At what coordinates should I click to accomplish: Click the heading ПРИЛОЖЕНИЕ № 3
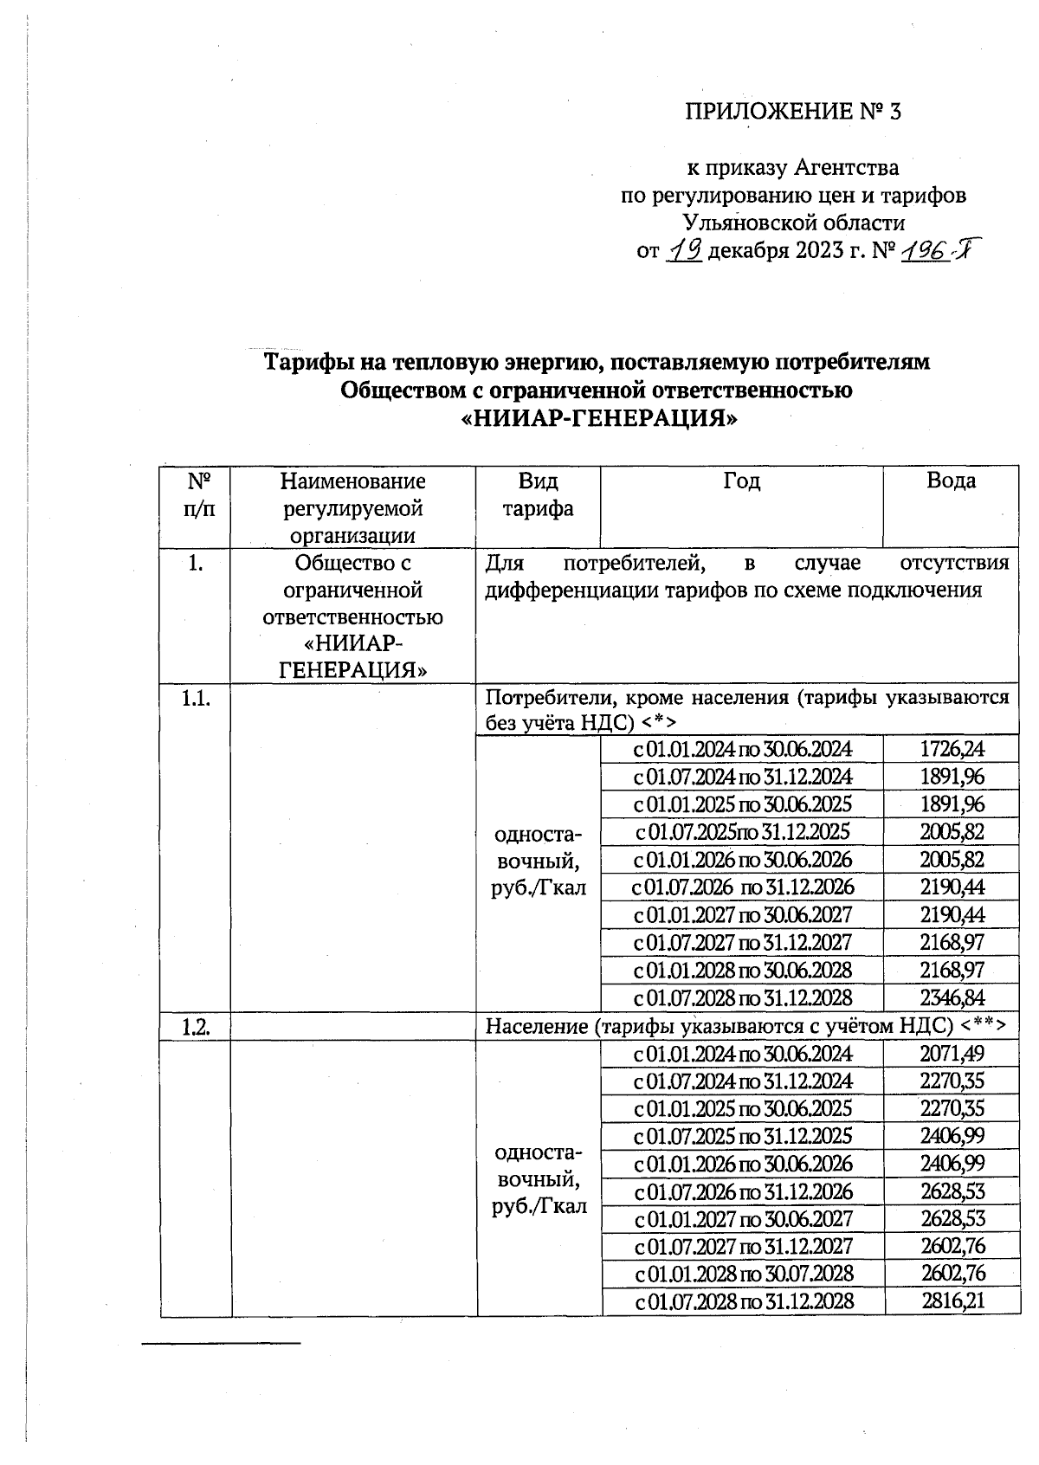[x=793, y=112]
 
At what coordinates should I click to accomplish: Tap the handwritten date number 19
[x=685, y=251]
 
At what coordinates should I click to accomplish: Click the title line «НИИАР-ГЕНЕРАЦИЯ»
[x=597, y=419]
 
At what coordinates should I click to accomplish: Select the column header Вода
[x=950, y=481]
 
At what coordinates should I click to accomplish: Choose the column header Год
[x=741, y=481]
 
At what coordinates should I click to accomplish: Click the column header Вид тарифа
[x=538, y=494]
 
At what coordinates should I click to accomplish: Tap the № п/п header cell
[x=197, y=494]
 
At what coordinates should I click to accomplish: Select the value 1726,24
[x=952, y=749]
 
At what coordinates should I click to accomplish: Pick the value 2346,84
[x=952, y=997]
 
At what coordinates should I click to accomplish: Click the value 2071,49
[x=952, y=1054]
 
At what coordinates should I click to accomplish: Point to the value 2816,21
[x=952, y=1300]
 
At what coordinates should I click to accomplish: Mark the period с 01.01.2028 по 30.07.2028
[x=744, y=1274]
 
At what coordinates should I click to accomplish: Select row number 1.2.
[x=197, y=1027]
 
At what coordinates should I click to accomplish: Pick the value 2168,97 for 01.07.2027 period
[x=952, y=942]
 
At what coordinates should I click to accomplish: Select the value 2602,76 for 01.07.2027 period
[x=952, y=1246]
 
